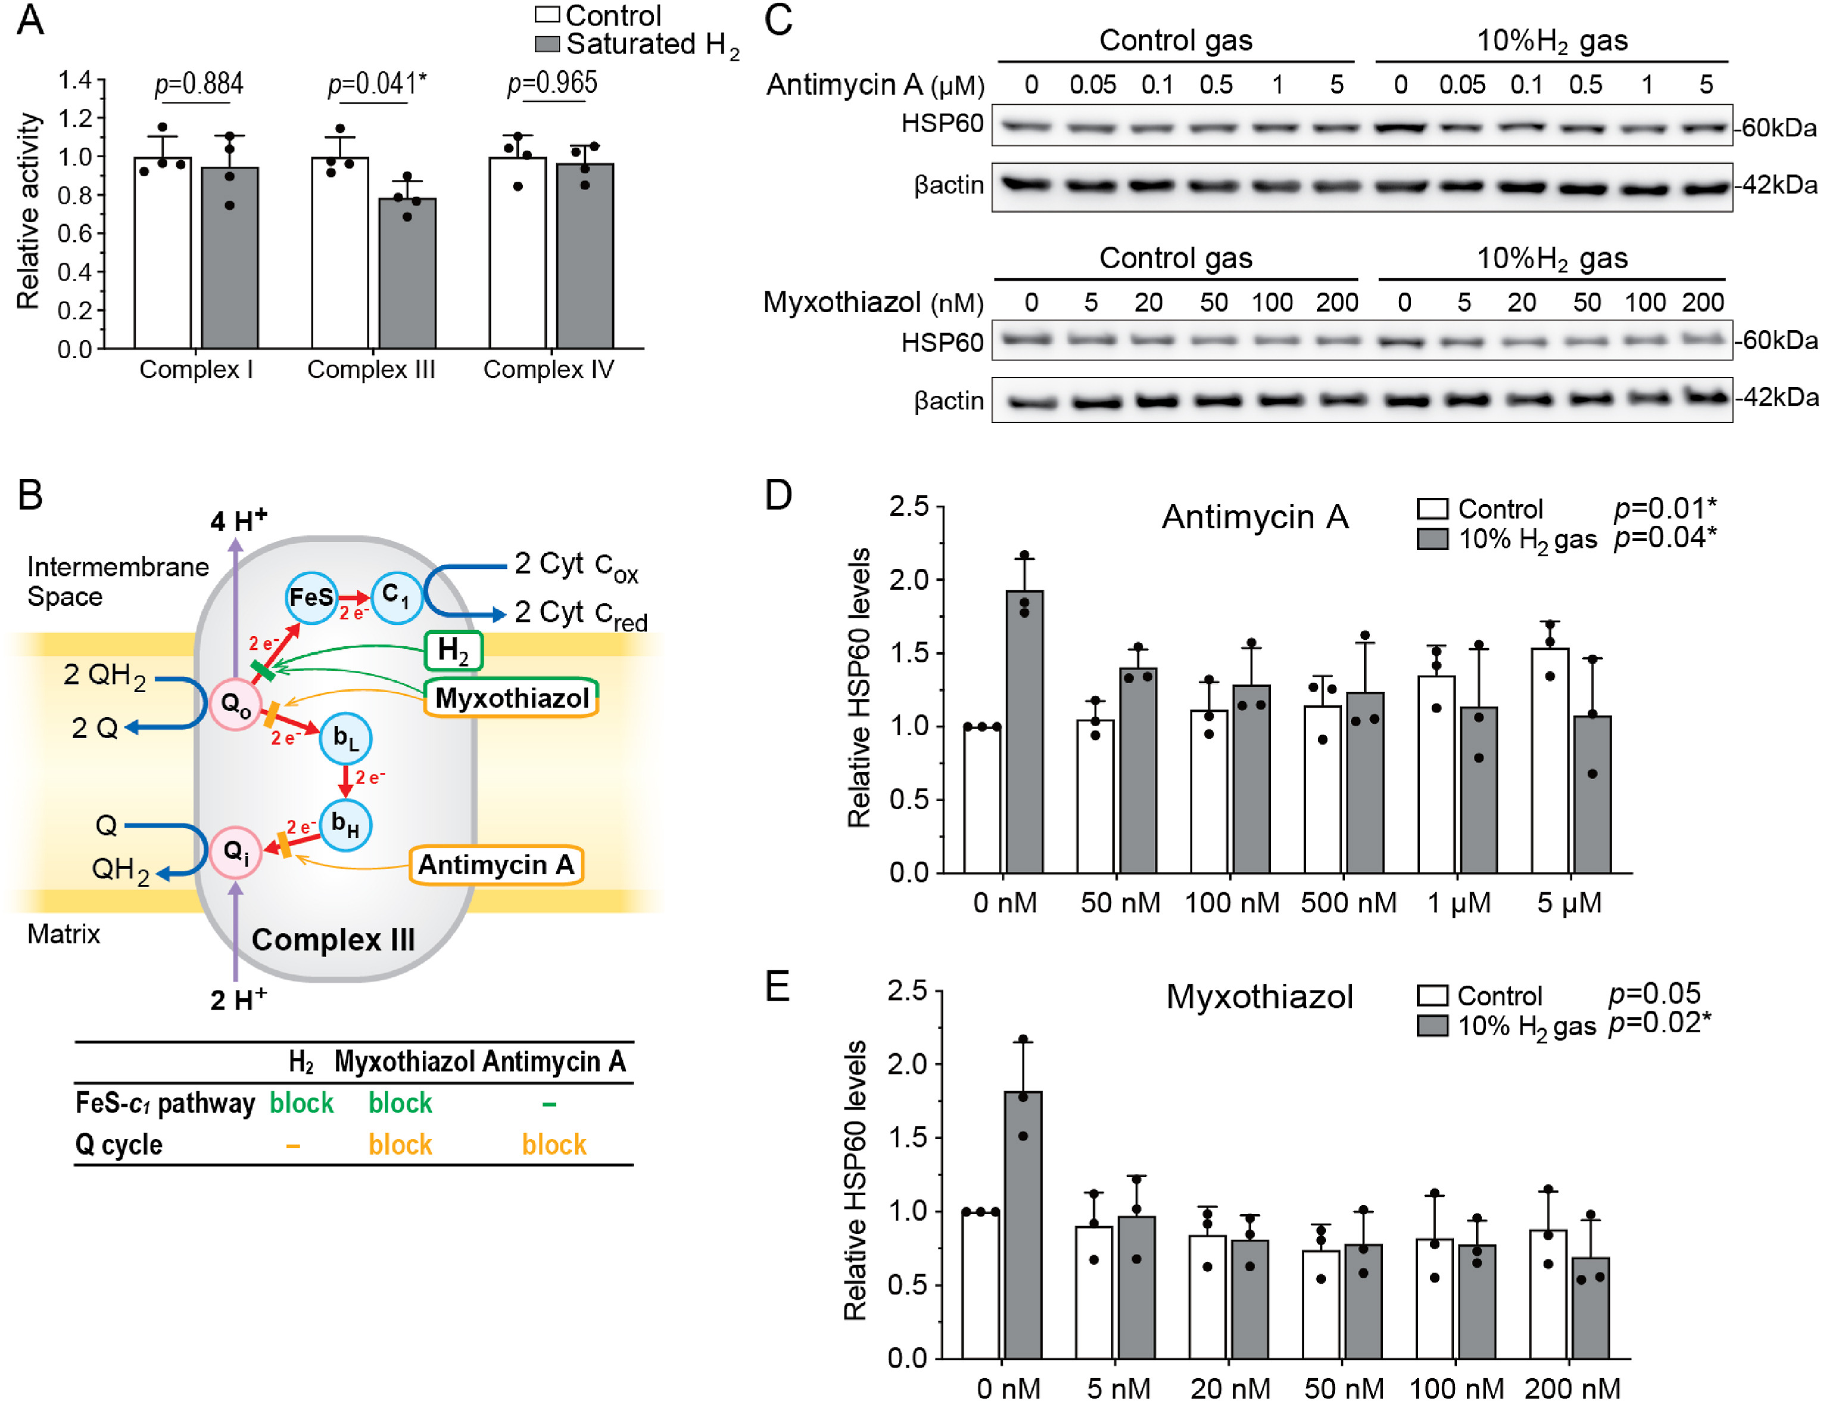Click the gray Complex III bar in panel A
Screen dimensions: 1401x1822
point(407,273)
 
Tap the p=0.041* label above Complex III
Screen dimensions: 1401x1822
point(376,83)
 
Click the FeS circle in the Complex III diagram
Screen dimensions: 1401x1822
point(310,597)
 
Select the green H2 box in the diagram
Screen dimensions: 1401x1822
point(453,650)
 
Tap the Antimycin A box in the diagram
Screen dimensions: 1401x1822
point(496,865)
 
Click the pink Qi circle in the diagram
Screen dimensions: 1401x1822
point(235,851)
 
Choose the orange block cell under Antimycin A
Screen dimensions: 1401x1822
point(554,1144)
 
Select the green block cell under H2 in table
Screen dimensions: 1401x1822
point(301,1103)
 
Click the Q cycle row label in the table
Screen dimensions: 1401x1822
point(119,1144)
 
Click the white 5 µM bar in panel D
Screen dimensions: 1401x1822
point(1549,759)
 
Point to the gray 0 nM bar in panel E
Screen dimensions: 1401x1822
point(1022,1224)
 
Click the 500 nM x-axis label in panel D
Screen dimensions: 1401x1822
point(1347,903)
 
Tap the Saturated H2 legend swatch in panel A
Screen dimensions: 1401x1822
point(546,43)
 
